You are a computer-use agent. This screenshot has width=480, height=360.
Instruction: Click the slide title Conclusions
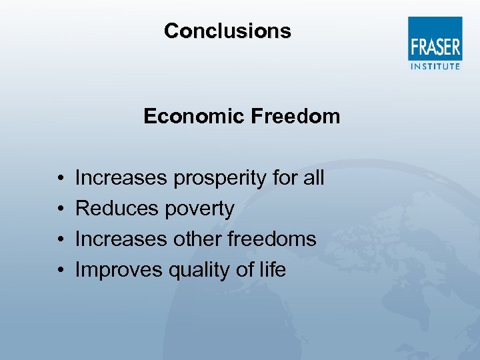[x=227, y=31]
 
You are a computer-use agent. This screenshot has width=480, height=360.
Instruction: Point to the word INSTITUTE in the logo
[x=435, y=66]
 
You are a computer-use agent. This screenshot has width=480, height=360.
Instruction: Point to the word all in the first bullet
[x=312, y=178]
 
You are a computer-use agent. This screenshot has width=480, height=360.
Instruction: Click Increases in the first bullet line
[x=121, y=178]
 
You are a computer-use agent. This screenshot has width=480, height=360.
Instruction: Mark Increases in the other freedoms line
[x=121, y=239]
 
